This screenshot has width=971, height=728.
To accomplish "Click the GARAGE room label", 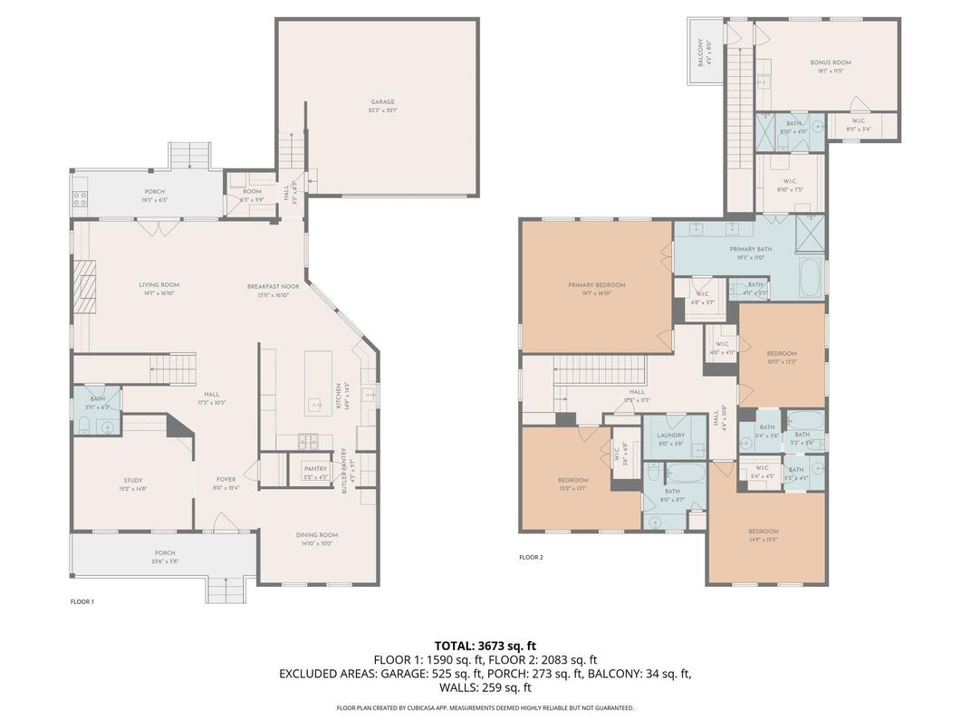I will click(x=382, y=102).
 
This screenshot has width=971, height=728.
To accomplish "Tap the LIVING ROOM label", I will click(x=159, y=285).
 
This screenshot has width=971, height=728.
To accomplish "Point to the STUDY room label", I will click(x=133, y=481).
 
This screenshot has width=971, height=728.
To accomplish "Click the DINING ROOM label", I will click(x=317, y=535).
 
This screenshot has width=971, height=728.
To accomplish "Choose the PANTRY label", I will click(x=315, y=468).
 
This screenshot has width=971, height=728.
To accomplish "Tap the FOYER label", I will click(x=226, y=480).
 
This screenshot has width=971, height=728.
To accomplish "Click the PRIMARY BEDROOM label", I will click(x=597, y=285).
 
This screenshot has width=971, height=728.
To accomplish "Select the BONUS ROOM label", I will click(x=831, y=62).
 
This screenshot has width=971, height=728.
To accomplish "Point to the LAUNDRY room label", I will click(x=670, y=436).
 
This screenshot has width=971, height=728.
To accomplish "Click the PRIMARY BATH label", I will click(x=751, y=249).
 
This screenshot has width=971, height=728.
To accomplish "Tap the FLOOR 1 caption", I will click(x=82, y=601).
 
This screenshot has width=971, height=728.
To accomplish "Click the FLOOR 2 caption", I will click(x=531, y=557).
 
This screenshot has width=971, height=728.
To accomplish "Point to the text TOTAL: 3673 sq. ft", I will click(x=485, y=646).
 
